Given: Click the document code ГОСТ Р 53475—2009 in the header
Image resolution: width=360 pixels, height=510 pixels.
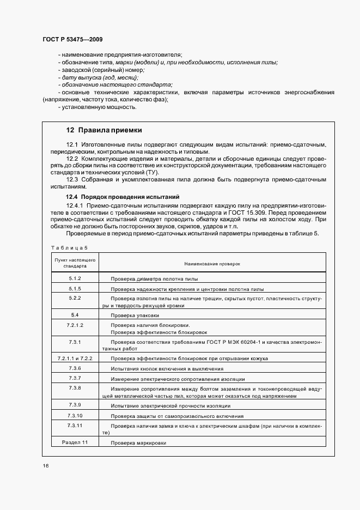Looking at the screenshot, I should (x=72, y=40).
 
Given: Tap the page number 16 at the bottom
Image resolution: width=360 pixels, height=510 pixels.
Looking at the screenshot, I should (x=45, y=465).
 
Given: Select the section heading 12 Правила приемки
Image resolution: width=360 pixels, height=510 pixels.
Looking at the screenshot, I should (x=103, y=130).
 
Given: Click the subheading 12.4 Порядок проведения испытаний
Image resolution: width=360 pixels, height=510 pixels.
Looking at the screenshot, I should (x=123, y=196).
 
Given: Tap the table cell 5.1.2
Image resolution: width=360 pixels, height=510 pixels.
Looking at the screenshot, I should (x=75, y=278).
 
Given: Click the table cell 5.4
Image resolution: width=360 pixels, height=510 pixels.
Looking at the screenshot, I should (x=75, y=315).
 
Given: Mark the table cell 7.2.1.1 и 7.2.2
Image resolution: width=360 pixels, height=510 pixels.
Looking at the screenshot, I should (x=75, y=358).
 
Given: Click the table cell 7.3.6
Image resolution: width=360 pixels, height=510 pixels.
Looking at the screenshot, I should (x=75, y=368).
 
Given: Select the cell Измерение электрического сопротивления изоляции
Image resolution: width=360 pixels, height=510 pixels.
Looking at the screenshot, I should (x=178, y=379).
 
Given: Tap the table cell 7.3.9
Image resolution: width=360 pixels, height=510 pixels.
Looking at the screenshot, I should (x=75, y=405).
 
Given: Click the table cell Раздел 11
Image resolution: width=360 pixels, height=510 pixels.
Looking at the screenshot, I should (x=75, y=442).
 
